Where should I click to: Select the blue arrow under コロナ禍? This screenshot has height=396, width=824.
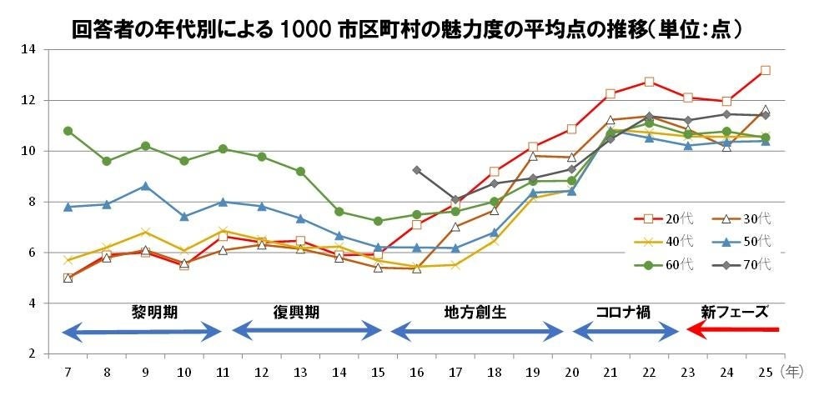tap(626, 332)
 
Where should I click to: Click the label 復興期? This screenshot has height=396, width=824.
tap(296, 312)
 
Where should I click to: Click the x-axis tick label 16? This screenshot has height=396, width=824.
tap(417, 369)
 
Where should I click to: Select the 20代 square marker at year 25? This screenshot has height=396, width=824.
tap(765, 71)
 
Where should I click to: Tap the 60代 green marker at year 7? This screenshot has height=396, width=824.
tap(68, 131)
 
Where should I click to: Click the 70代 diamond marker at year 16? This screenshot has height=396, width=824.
tap(416, 170)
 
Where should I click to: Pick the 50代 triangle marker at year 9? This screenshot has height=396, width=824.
tap(145, 185)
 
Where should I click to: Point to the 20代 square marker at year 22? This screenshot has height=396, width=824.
tap(649, 82)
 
